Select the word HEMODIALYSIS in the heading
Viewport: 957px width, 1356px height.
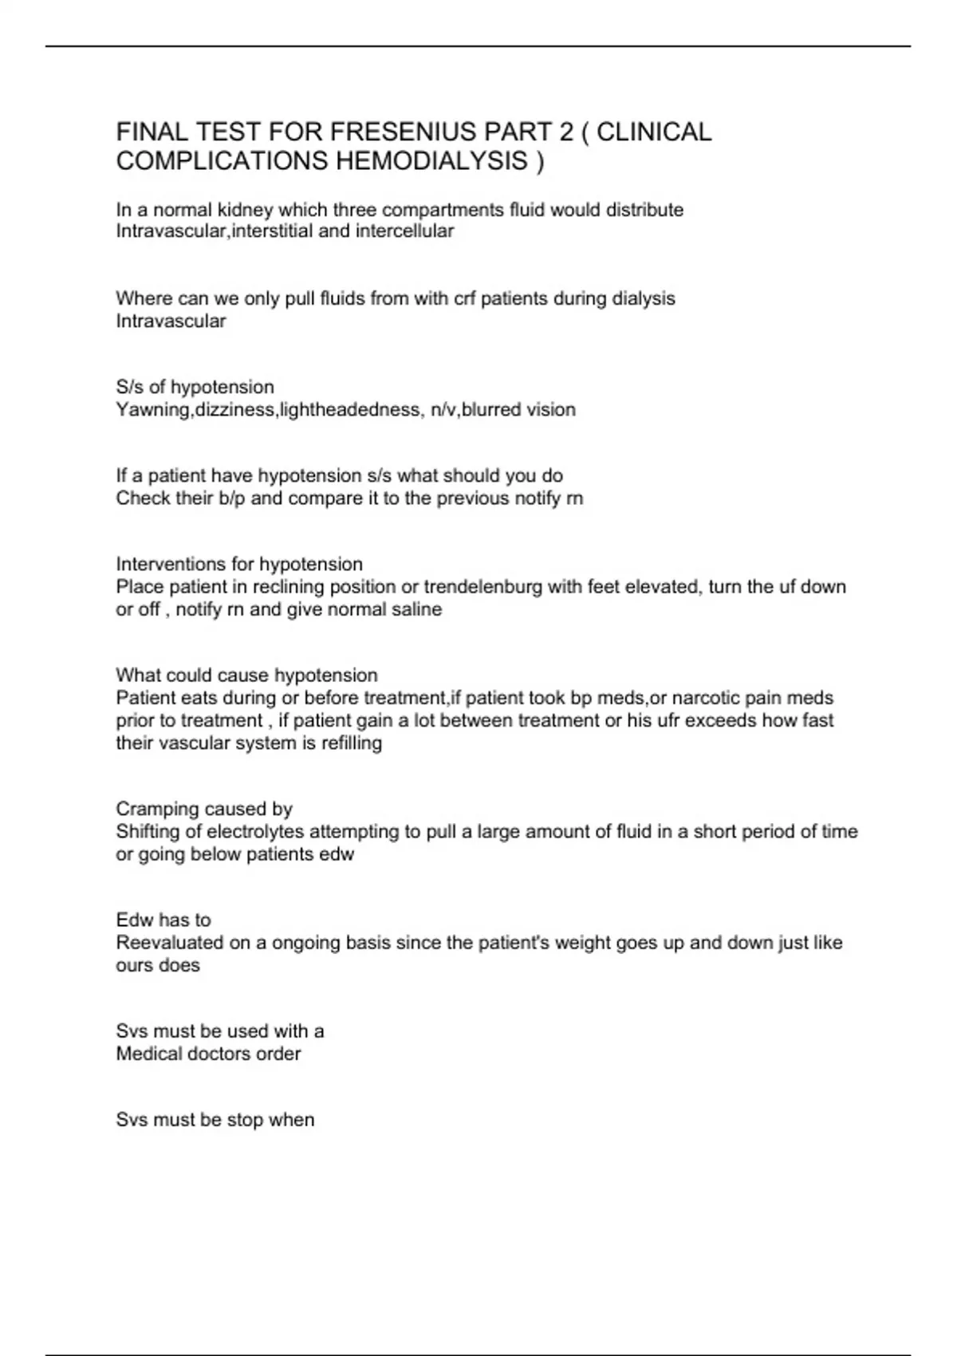tap(431, 161)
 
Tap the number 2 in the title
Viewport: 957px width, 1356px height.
tap(566, 132)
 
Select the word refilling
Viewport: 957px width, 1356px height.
tap(352, 743)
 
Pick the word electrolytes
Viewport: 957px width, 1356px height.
tap(255, 832)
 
